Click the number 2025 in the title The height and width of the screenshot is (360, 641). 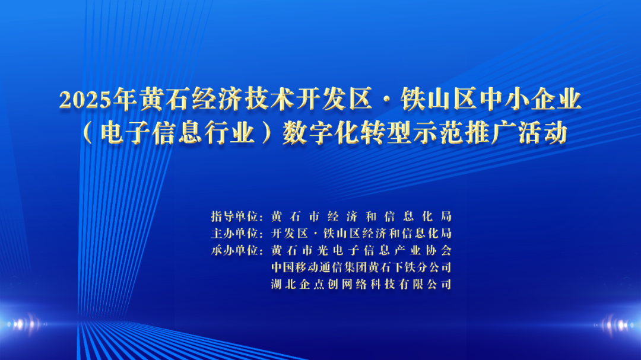pyautogui.click(x=85, y=100)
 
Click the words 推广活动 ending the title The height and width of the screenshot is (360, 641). pyautogui.click(x=516, y=133)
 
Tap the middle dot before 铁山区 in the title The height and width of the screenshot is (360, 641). pyautogui.click(x=386, y=100)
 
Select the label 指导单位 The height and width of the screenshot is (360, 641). pyautogui.click(x=234, y=216)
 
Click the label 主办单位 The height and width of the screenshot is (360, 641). pyautogui.click(x=234, y=233)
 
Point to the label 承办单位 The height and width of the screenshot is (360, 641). pyautogui.click(x=234, y=250)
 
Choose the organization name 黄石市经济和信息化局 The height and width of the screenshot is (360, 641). pyautogui.click(x=361, y=216)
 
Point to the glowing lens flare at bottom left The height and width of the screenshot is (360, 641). pyautogui.click(x=24, y=324)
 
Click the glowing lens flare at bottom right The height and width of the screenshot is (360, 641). pyautogui.click(x=616, y=325)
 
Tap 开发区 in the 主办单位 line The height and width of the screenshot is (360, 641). pyautogui.click(x=289, y=233)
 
